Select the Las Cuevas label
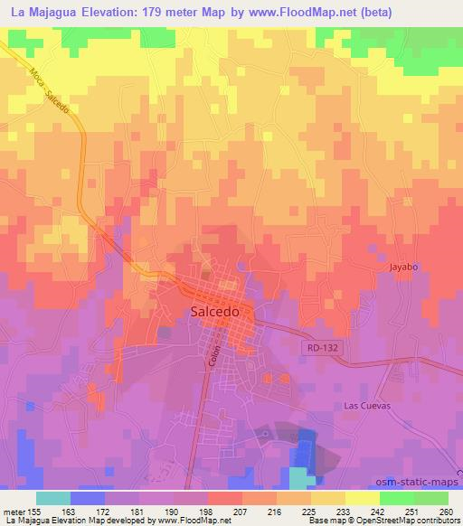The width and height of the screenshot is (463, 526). pos(366,406)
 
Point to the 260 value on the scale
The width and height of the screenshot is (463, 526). pos(444,512)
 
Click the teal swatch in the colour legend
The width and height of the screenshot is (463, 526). pos(53,498)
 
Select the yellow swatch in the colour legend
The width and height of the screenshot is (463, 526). pos(362,498)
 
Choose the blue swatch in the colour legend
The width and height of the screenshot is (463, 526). pos(88,498)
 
